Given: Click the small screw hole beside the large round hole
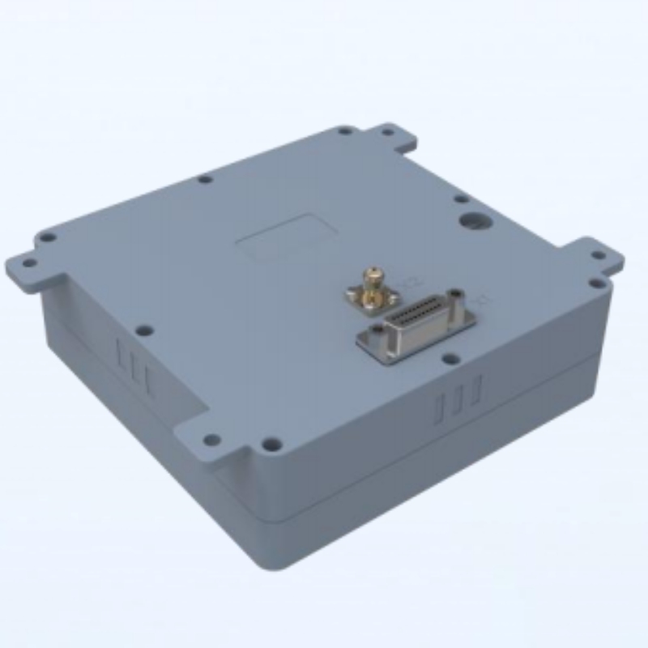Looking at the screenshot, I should tap(460, 198).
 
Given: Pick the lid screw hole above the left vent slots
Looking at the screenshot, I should tap(145, 330).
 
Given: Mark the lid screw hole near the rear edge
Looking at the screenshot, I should tap(205, 179).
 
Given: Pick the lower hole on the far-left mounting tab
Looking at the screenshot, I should tap(28, 262).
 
